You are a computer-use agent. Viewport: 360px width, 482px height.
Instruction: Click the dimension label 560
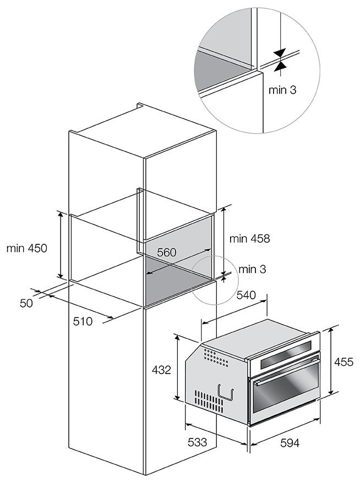[166, 253]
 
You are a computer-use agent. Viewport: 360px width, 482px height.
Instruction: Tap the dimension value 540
[247, 295]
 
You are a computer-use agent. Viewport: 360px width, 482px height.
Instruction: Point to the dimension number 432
[161, 370]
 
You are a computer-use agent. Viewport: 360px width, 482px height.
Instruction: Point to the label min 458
[249, 238]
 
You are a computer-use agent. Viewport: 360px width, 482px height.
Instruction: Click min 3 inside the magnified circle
[282, 89]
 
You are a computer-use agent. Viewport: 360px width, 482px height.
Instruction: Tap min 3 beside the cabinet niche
[253, 269]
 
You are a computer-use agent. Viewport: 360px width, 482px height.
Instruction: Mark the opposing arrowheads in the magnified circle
[280, 59]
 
